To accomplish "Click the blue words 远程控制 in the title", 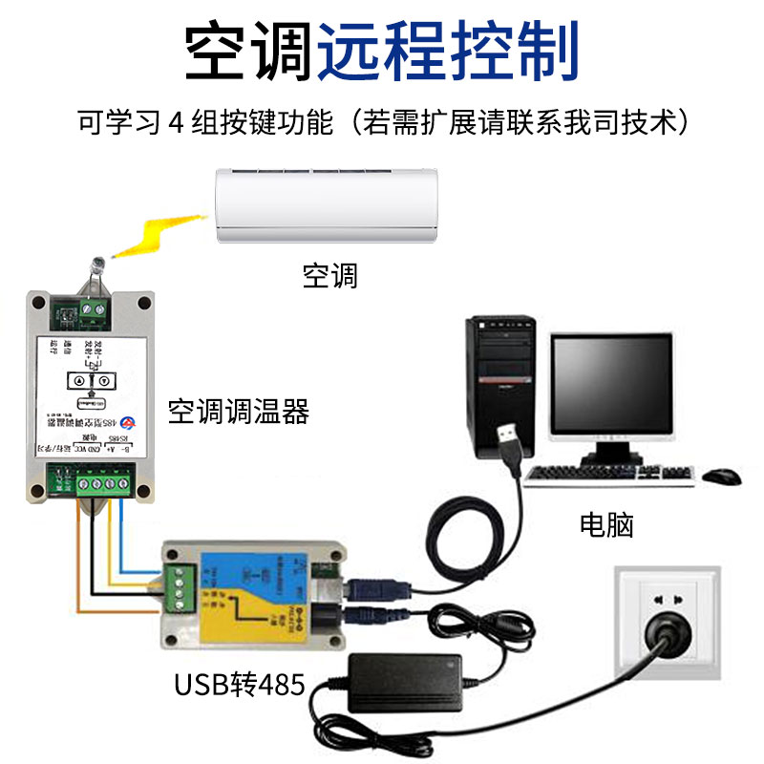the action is (449, 53).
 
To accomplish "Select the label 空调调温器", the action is (239, 412).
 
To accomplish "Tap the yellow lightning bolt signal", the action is (158, 235).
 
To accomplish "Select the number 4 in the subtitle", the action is (174, 124).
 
